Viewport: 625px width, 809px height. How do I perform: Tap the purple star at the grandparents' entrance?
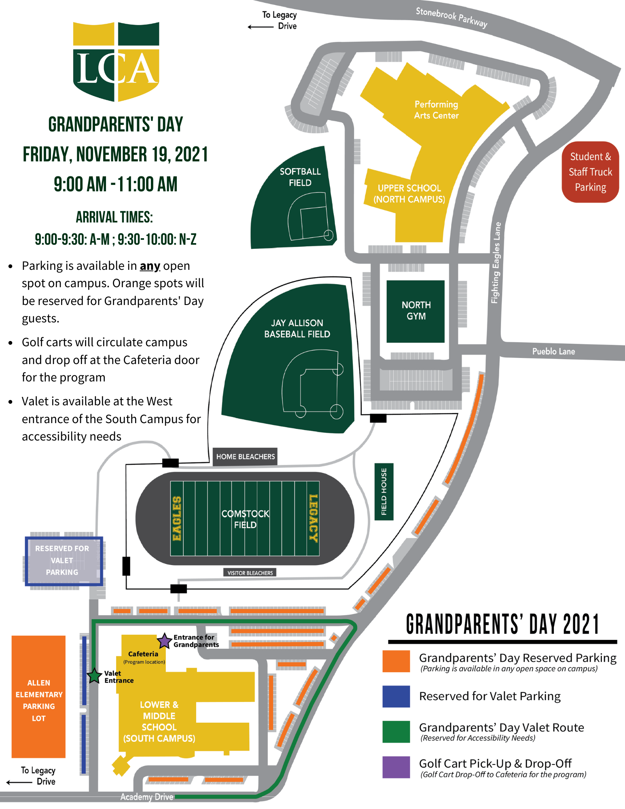pos(164,641)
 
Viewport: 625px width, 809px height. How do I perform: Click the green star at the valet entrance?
pos(94,676)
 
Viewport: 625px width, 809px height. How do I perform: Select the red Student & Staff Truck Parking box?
pos(590,172)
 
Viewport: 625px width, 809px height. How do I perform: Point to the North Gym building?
pos(415,311)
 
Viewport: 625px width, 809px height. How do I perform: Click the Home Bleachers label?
pos(245,457)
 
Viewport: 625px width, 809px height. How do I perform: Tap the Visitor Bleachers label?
pos(250,573)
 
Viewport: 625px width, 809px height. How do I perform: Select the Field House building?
pos(384,491)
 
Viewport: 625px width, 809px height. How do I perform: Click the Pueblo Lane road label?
pos(553,352)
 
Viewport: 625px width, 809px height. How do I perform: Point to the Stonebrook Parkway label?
pos(451,17)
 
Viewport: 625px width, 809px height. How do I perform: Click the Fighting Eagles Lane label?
pos(496,263)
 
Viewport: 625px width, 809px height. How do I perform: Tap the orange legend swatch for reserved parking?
pos(396,661)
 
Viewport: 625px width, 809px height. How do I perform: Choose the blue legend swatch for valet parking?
pos(396,696)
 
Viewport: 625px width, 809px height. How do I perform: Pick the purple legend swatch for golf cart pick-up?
pos(396,767)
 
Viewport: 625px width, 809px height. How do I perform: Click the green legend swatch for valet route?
pos(396,732)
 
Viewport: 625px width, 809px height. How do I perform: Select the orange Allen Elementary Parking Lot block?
pos(38,697)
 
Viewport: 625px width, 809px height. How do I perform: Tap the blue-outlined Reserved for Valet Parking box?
pos(64,561)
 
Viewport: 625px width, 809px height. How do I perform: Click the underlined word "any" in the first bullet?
pos(150,266)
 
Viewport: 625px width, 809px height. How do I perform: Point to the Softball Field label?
pos(300,177)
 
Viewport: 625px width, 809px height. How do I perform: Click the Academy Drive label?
pos(146,797)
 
